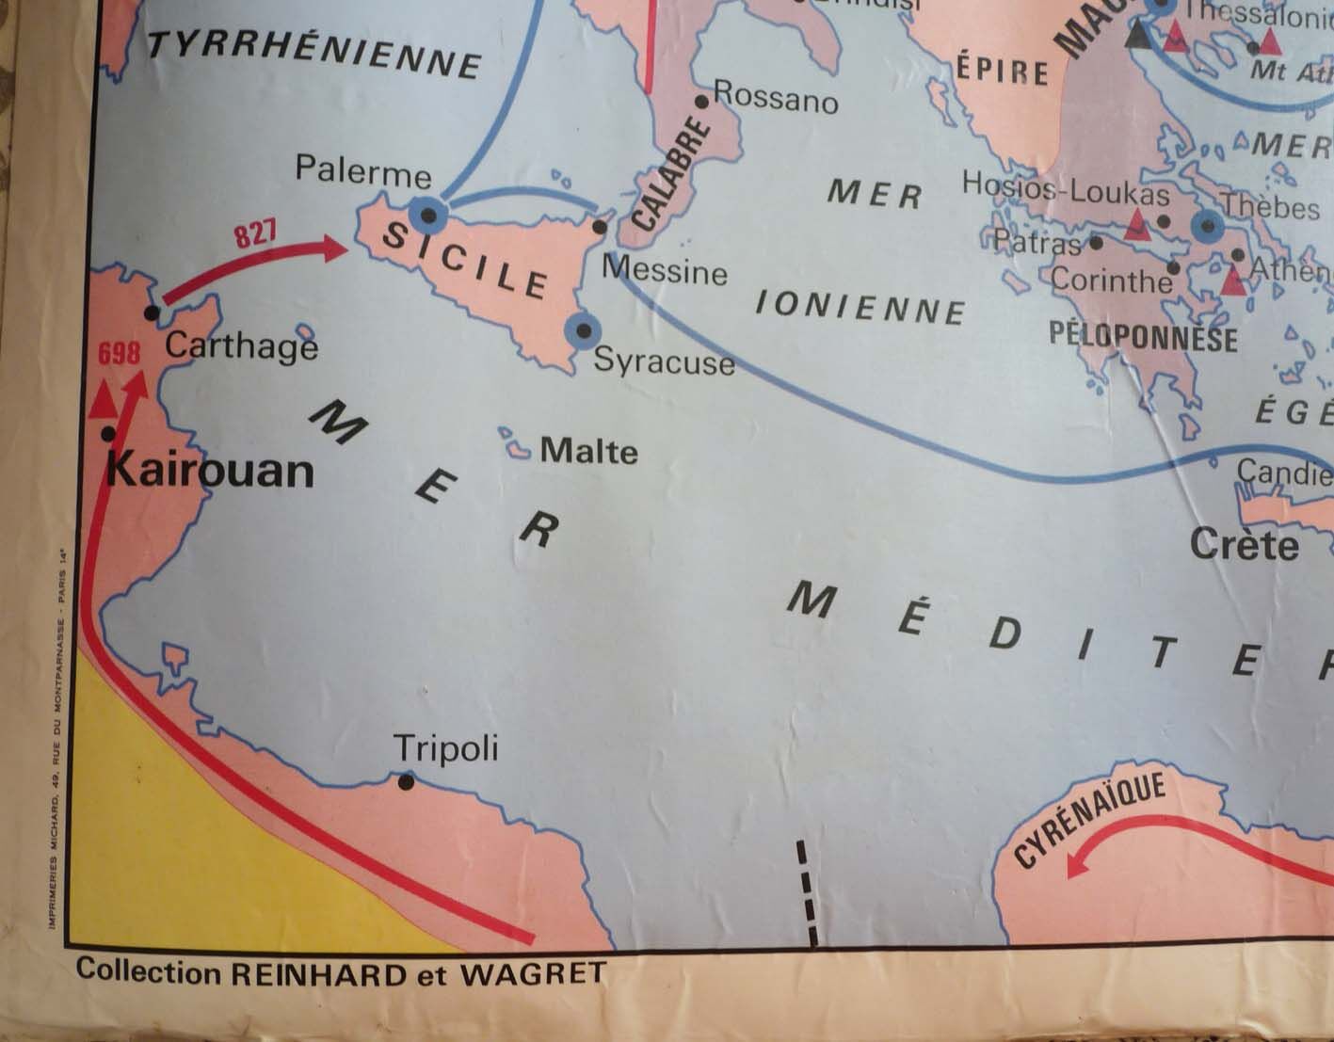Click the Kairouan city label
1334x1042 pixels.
pos(210,470)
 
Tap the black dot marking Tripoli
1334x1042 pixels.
pos(407,781)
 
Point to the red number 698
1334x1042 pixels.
pos(120,354)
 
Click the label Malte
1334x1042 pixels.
pos(588,452)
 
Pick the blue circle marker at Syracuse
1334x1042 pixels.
pos(584,330)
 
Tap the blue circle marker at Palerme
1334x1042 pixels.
pos(428,216)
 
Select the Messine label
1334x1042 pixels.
pos(665,271)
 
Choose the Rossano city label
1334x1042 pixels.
pos(776,97)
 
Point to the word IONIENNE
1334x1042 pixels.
pos(861,308)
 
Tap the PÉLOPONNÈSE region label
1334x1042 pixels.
pos(1143,338)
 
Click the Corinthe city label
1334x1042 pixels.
pos(1112,281)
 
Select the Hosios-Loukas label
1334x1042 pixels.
pos(1065,189)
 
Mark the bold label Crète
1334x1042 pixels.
pos(1244,545)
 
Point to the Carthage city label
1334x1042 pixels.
pos(241,346)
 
